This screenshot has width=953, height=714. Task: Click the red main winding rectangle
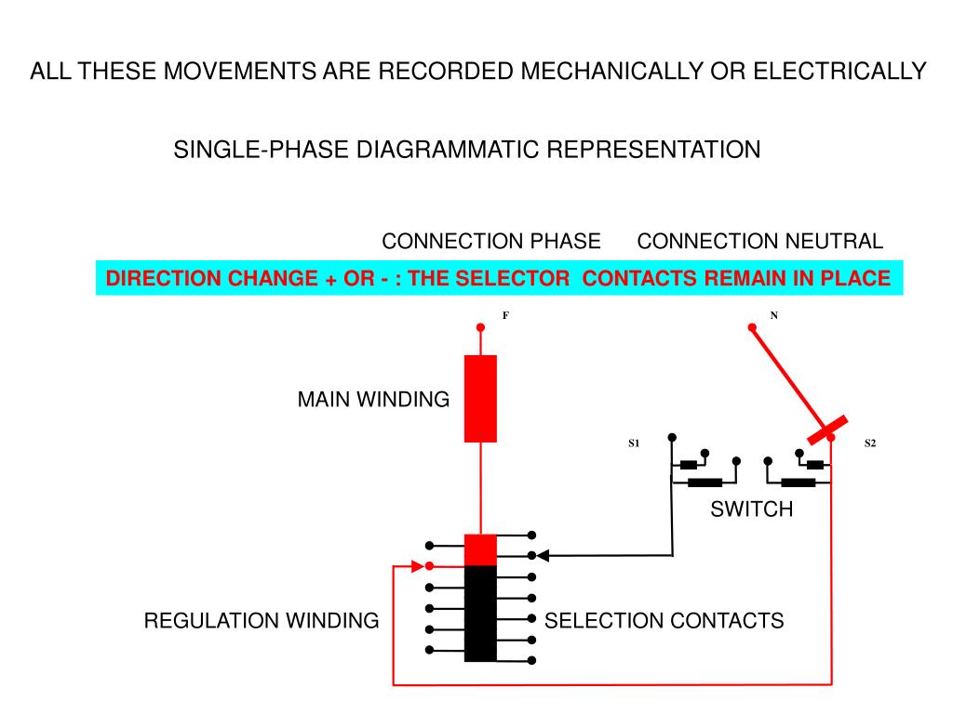pyautogui.click(x=480, y=398)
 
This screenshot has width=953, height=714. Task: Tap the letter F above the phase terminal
pyautogui.click(x=505, y=315)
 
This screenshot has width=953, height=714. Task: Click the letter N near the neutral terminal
pyautogui.click(x=773, y=315)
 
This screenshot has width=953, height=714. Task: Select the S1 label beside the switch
pyautogui.click(x=634, y=443)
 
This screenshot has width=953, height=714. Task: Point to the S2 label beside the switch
pyautogui.click(x=870, y=443)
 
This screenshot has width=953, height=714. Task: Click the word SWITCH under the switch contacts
pyautogui.click(x=752, y=509)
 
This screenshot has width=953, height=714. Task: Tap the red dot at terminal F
pyautogui.click(x=480, y=327)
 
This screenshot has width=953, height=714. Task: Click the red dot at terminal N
pyautogui.click(x=752, y=327)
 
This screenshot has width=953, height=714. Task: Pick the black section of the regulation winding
pyautogui.click(x=480, y=614)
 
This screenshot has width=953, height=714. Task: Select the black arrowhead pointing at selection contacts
pyautogui.click(x=543, y=555)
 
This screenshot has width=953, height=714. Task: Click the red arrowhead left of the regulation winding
pyautogui.click(x=418, y=566)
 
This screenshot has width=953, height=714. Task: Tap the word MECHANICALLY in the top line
pyautogui.click(x=611, y=71)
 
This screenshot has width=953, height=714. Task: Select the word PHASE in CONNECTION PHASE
pyautogui.click(x=565, y=241)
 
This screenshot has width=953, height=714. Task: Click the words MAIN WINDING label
pyautogui.click(x=373, y=400)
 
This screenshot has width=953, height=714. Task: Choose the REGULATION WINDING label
pyautogui.click(x=262, y=620)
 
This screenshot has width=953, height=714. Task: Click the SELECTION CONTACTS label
pyautogui.click(x=664, y=620)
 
